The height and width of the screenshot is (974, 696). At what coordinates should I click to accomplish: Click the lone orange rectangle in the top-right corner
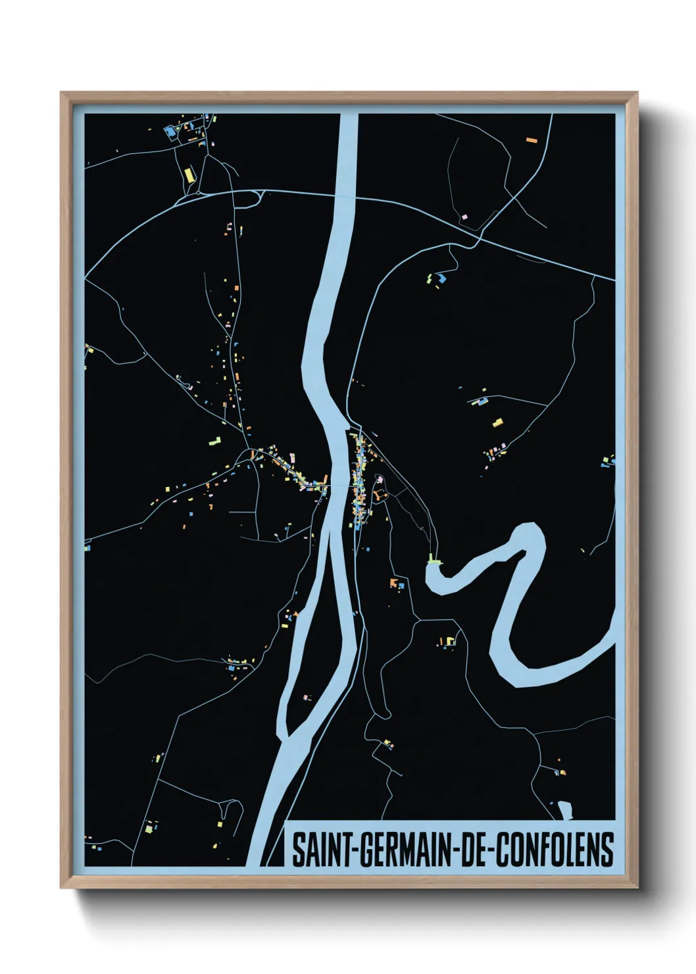[x=531, y=140]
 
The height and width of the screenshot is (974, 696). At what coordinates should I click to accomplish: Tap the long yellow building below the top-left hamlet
[x=189, y=174]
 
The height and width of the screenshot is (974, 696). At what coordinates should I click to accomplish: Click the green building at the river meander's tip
[x=434, y=560]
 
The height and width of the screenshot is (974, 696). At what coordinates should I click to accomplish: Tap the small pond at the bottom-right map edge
[x=564, y=811]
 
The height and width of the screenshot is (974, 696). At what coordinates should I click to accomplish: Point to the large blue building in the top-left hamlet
[x=172, y=132]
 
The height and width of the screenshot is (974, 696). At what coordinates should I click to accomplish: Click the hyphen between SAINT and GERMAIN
[x=354, y=850]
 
